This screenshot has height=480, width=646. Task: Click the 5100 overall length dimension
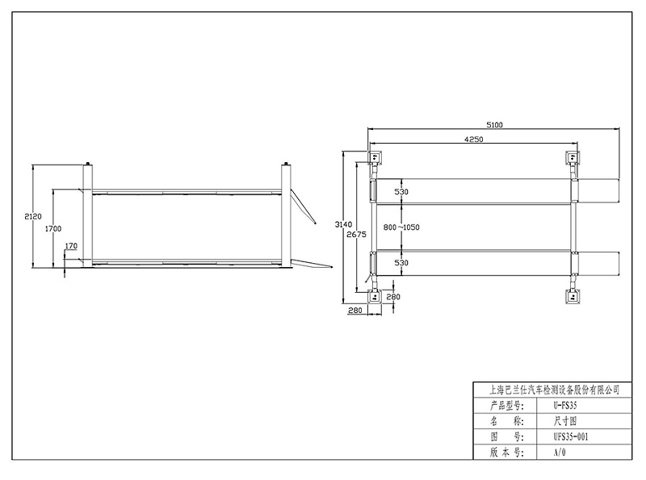click(x=494, y=125)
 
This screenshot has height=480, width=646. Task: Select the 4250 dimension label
click(x=473, y=139)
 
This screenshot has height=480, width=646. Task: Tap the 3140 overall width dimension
click(x=343, y=224)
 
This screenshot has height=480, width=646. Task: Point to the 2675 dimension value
click(x=356, y=234)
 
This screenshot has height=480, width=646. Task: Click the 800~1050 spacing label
click(x=401, y=227)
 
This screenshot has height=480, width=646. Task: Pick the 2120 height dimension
click(x=33, y=216)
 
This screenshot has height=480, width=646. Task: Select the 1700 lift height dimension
click(x=53, y=229)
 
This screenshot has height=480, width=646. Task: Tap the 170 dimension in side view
click(x=71, y=246)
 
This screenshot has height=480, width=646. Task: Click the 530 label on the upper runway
click(x=401, y=192)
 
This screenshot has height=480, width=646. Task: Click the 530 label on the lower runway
click(x=401, y=263)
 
